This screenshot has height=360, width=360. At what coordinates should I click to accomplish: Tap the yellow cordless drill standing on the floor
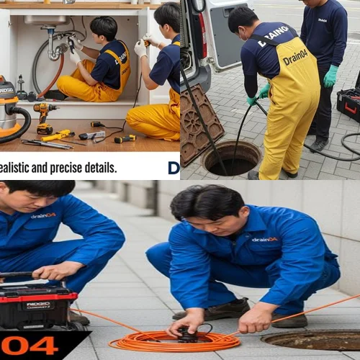click(x=45, y=117)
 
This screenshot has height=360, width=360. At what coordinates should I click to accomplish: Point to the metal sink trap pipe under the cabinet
click(x=55, y=47)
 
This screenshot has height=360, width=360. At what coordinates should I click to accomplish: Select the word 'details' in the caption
click(x=101, y=168)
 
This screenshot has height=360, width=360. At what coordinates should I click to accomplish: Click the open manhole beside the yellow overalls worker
click(x=232, y=158)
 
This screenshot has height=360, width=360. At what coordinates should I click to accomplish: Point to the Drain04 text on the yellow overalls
click(x=295, y=56)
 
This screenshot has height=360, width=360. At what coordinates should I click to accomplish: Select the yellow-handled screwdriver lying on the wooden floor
click(x=58, y=135)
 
